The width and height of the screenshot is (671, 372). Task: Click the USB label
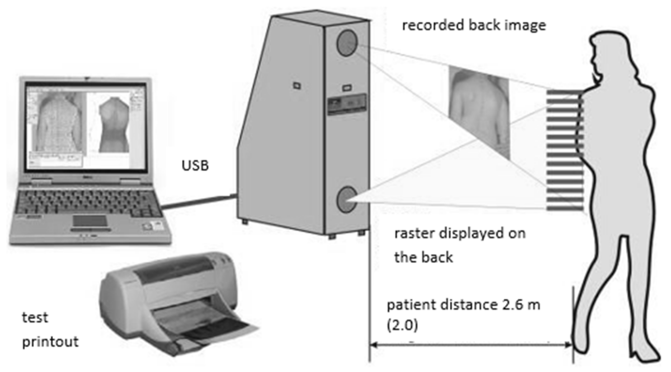pyautogui.click(x=195, y=166)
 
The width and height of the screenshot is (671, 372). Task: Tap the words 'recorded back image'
pyautogui.click(x=474, y=26)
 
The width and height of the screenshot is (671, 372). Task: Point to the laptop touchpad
pyautogui.click(x=90, y=221)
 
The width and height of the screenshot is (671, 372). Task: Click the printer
pyautogui.click(x=172, y=295)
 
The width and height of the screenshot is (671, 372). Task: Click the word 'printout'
pyautogui.click(x=50, y=342)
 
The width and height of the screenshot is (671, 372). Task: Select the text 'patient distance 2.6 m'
pyautogui.click(x=463, y=305)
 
